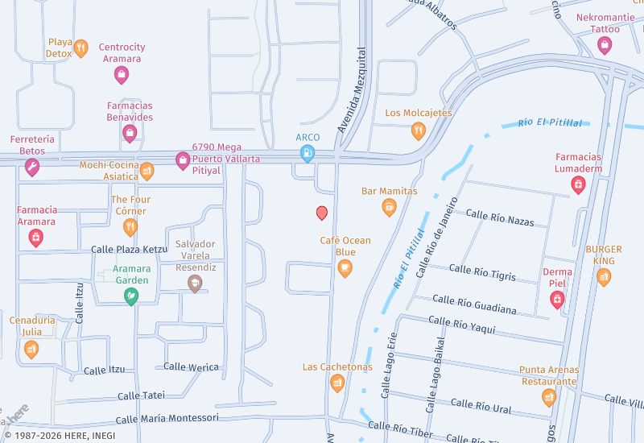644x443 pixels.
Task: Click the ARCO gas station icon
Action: pyautogui.click(x=307, y=153)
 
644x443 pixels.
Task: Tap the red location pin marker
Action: pyautogui.click(x=322, y=213)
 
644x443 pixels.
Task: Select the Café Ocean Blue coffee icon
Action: pyautogui.click(x=345, y=268)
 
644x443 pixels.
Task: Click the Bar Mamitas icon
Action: pyautogui.click(x=390, y=207)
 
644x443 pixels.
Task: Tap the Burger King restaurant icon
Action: pyautogui.click(x=604, y=277)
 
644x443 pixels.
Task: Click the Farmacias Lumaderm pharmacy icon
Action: pyautogui.click(x=578, y=184)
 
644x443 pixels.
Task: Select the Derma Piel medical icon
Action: pyautogui.click(x=556, y=299)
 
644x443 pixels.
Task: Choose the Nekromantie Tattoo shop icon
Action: pyautogui.click(x=605, y=45)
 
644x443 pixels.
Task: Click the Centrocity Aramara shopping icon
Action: pyautogui.click(x=122, y=75)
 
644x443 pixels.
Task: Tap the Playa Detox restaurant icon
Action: pyautogui.click(x=80, y=48)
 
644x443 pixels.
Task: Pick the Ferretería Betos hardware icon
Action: pyautogui.click(x=32, y=167)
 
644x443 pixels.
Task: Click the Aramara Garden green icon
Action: pyautogui.click(x=130, y=296)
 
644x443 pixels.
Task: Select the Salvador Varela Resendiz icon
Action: pyautogui.click(x=194, y=283)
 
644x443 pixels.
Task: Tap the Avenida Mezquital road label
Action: pyautogui.click(x=352, y=101)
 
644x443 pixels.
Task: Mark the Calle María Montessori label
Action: pyautogui.click(x=167, y=418)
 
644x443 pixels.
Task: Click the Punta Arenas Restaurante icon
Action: pyautogui.click(x=549, y=397)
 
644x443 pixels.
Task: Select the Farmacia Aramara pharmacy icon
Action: pyautogui.click(x=36, y=238)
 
